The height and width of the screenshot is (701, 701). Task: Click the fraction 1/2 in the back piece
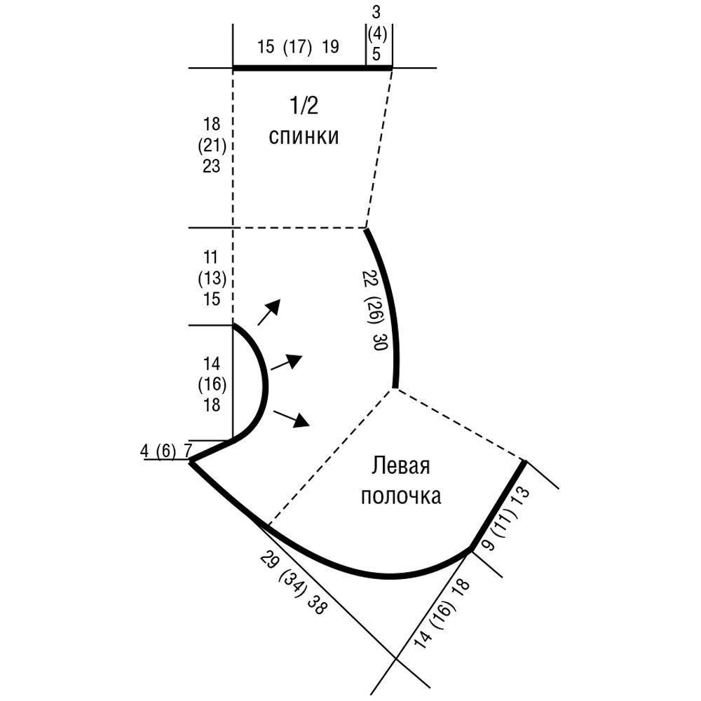(304, 106)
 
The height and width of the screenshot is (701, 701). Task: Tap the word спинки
(304, 136)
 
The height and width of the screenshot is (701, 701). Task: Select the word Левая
(400, 466)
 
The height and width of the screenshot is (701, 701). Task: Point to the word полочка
(400, 496)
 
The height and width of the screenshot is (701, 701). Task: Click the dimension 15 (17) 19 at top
(298, 46)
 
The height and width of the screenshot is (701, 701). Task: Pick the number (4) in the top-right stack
(377, 34)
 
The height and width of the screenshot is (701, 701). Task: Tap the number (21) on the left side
(212, 145)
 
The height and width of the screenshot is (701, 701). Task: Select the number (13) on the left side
(212, 278)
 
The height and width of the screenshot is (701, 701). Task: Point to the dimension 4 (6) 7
(165, 451)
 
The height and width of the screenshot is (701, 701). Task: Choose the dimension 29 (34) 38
(293, 583)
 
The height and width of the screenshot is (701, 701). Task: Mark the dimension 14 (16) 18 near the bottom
(442, 613)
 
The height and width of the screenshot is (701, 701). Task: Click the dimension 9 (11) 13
(507, 519)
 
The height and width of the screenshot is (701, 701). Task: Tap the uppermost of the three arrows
(269, 312)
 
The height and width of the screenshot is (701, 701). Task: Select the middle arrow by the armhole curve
(287, 362)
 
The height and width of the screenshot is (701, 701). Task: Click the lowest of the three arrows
(292, 418)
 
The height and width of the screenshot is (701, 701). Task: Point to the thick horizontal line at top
(313, 68)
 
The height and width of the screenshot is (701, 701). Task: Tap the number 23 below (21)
(212, 166)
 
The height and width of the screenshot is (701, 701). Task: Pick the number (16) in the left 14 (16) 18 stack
(212, 384)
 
